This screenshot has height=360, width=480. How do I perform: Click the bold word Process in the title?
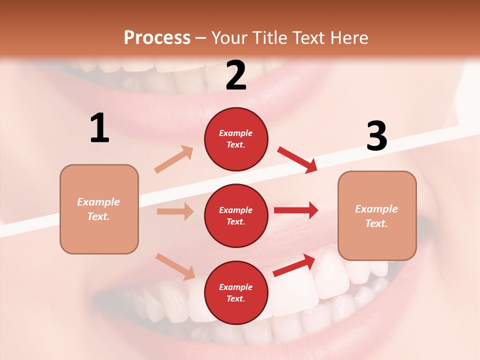click(157, 37)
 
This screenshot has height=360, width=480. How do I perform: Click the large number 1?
click(99, 128)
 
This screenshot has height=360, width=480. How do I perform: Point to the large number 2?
click(236, 75)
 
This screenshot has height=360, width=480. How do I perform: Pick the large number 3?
click(376, 136)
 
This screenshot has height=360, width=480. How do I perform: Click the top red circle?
click(236, 139)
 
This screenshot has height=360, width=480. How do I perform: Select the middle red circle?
click(236, 215)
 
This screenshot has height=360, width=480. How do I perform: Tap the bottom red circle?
click(236, 292)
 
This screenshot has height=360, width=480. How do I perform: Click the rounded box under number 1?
click(99, 209)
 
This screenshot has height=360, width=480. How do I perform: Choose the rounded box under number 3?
click(377, 215)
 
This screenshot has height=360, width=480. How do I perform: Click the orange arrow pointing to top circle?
click(174, 159)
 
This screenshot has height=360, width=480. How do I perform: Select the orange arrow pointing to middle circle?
click(175, 211)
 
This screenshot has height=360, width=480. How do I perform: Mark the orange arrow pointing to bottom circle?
click(175, 266)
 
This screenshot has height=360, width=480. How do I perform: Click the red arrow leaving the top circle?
click(297, 160)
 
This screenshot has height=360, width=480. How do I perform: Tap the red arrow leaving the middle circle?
click(296, 210)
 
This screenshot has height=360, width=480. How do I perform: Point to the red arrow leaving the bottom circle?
click(294, 265)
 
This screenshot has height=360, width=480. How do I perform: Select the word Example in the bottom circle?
click(236, 287)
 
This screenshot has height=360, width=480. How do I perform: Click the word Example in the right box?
click(376, 209)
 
